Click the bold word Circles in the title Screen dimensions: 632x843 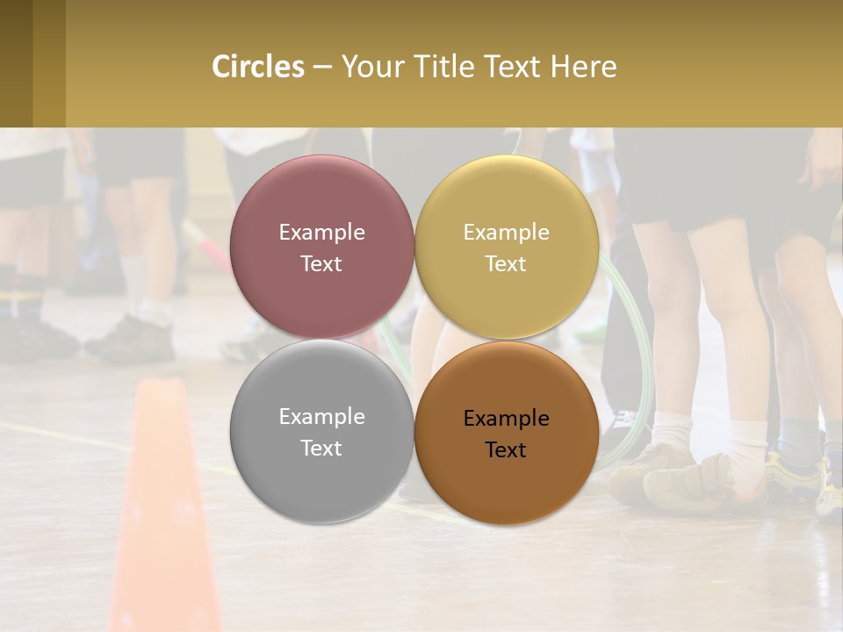(x=258, y=67)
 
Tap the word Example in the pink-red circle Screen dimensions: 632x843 (x=321, y=233)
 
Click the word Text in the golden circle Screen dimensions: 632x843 (x=506, y=264)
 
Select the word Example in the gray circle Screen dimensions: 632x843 (x=321, y=417)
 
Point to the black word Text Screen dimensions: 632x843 (x=506, y=450)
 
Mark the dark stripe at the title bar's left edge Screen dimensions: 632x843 (x=16, y=63)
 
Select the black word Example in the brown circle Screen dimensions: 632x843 (x=506, y=419)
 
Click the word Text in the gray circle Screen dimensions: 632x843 (x=321, y=449)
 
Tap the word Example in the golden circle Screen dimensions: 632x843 (x=506, y=233)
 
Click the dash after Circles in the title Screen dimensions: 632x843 (x=322, y=67)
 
